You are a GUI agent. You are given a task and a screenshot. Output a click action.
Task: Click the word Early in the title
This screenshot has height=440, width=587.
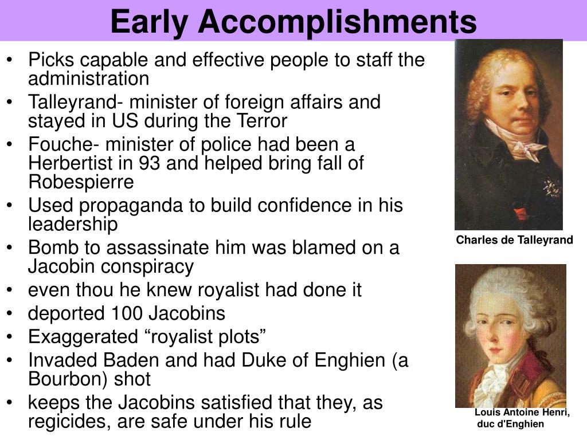[x=149, y=22]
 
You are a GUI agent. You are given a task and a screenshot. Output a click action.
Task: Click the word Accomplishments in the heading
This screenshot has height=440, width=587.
[x=337, y=22]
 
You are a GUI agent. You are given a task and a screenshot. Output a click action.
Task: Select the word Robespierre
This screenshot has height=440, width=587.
[x=81, y=182]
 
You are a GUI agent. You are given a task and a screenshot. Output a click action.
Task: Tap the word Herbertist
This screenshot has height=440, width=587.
[x=71, y=163]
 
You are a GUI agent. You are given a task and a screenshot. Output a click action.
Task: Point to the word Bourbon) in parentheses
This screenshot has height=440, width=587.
[x=68, y=379]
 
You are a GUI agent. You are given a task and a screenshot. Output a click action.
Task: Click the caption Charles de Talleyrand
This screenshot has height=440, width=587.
[x=514, y=240]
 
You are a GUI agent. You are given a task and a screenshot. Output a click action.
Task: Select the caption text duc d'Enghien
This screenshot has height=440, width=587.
[x=510, y=424]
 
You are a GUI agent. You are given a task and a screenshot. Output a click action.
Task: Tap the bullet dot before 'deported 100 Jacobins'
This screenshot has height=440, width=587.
[x=10, y=313]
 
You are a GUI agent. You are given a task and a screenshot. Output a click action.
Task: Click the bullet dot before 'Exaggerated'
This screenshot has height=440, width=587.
[x=10, y=337]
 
